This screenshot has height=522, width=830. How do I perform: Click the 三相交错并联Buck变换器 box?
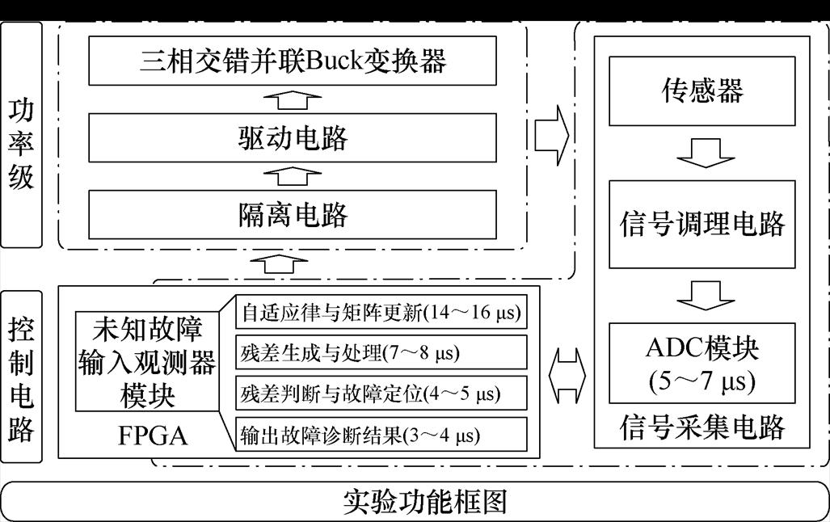tap(293, 61)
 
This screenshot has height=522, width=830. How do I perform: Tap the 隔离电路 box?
tap(293, 214)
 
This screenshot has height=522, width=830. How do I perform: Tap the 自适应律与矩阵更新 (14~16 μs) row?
tap(381, 312)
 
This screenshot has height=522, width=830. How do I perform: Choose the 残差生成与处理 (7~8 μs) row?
tap(381, 353)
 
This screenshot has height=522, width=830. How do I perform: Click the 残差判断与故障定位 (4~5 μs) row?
tap(381, 394)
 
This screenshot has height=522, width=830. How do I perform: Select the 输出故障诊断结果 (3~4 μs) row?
tap(381, 436)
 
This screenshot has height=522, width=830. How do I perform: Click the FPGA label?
tap(152, 436)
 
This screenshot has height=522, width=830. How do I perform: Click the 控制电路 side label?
tap(21, 378)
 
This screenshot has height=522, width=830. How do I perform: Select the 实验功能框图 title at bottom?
tap(414, 502)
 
